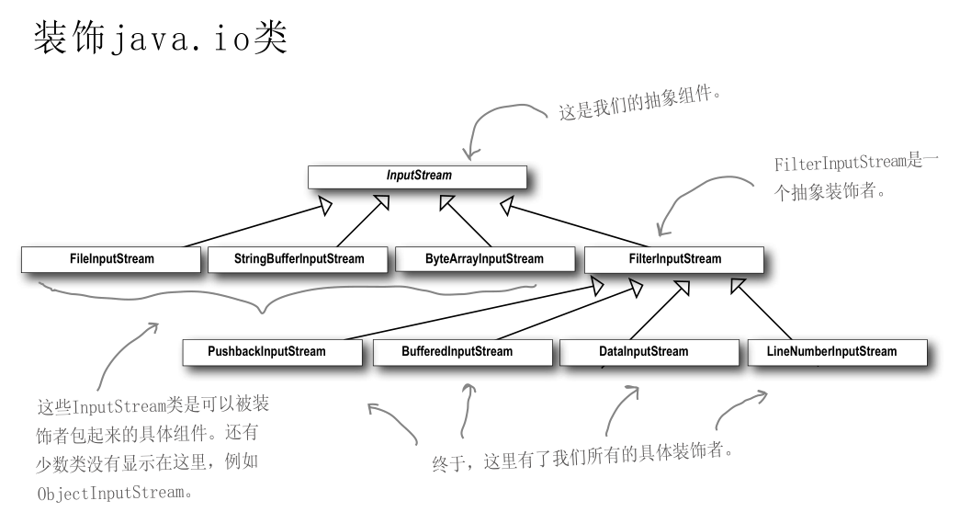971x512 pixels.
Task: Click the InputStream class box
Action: point(417,176)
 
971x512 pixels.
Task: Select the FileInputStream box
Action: point(110,259)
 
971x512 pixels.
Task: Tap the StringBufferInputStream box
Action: point(299,259)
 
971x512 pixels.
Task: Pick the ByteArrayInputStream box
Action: point(484,259)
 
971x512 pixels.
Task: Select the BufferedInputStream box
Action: point(457,351)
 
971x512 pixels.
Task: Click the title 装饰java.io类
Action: point(161,42)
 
